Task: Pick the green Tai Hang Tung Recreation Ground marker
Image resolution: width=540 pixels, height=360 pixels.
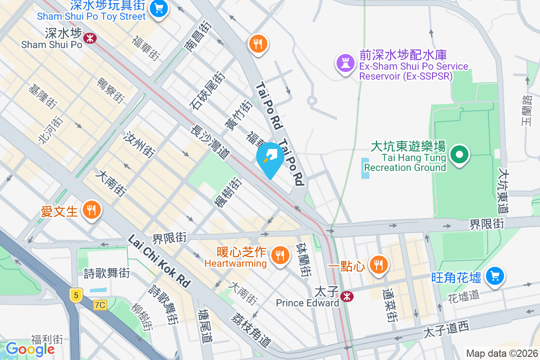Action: (x=459, y=155)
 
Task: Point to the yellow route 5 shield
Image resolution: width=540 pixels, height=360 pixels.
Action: (x=76, y=295)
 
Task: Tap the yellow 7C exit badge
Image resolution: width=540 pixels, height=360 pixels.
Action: (x=100, y=305)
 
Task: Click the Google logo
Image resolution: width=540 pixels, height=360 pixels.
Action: (x=30, y=349)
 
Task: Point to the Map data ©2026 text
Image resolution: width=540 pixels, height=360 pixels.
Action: (x=501, y=353)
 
